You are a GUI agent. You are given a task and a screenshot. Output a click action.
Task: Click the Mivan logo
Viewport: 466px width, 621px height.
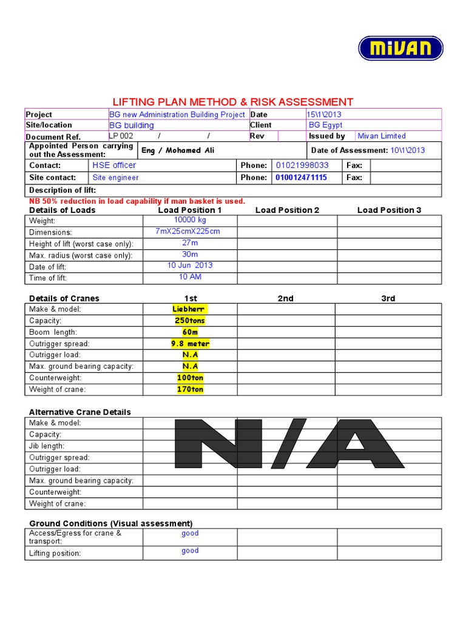pos(400,48)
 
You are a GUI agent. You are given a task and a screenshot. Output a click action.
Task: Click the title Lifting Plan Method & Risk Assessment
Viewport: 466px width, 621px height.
pos(233,102)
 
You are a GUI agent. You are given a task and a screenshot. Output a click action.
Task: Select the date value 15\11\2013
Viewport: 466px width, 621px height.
pos(324,114)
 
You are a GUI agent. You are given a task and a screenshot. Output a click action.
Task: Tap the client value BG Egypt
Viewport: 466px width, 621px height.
pos(325,125)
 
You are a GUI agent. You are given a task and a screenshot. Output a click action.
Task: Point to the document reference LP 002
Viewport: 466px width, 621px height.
pos(121,136)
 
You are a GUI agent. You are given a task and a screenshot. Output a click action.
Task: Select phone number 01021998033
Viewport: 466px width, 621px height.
pos(302,165)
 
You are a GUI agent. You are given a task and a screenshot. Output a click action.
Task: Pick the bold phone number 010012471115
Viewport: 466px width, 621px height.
pos(301,178)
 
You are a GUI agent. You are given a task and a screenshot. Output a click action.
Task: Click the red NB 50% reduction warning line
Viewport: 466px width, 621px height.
pos(137,201)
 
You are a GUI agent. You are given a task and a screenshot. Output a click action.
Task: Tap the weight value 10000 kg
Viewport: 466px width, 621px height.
pos(190,220)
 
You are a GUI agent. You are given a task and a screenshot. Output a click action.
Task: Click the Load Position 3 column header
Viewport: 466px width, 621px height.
pos(389,210)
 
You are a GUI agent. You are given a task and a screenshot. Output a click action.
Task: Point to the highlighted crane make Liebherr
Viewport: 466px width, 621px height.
pos(190,309)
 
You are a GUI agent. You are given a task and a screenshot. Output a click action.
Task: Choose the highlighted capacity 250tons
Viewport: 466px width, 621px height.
pos(190,320)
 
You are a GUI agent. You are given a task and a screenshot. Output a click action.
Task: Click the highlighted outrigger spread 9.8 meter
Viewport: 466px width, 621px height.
pos(190,343)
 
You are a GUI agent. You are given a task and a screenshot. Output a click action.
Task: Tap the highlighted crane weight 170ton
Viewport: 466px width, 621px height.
pos(190,389)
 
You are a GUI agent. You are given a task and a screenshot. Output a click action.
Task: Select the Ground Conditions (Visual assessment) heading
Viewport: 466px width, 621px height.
pos(111,523)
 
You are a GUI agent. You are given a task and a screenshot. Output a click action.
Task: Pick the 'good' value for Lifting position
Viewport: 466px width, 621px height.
pos(190,551)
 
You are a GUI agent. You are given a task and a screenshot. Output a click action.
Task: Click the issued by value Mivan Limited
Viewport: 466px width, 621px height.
pos(382,136)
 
